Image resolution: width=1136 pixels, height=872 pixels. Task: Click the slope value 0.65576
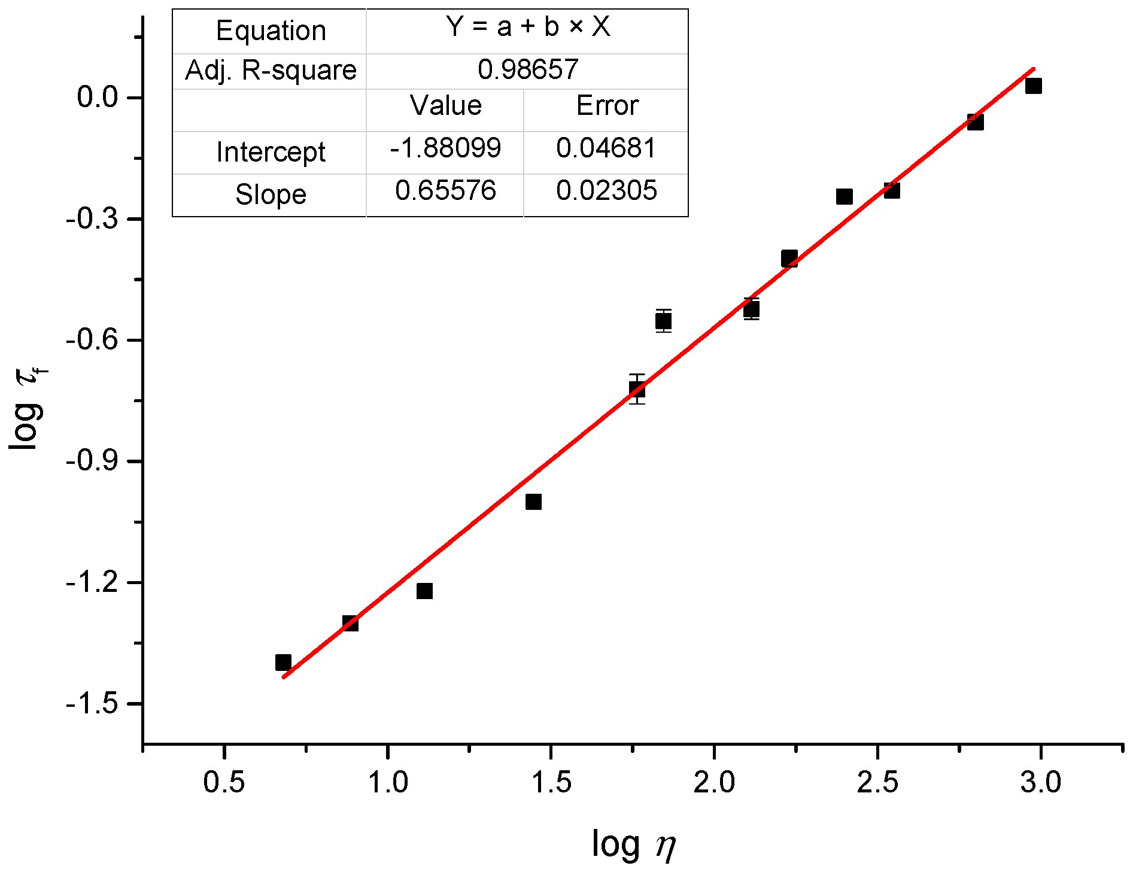coord(445,191)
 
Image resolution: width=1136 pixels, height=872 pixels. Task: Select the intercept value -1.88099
coord(445,148)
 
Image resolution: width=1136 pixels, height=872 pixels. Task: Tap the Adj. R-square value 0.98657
coord(528,69)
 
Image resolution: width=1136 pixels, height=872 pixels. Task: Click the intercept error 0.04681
coord(606,148)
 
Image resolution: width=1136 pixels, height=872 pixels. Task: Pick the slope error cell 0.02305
coord(606,191)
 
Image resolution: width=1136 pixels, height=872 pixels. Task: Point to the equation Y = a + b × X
coord(528,27)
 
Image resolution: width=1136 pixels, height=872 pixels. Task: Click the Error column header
coord(607,106)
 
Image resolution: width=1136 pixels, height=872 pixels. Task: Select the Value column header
coord(446,106)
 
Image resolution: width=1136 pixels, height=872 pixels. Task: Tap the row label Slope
coord(271,195)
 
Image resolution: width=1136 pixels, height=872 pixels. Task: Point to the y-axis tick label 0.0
coord(98,98)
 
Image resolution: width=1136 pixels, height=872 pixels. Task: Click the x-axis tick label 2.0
coord(714,782)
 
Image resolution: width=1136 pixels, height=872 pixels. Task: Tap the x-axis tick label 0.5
coord(224,782)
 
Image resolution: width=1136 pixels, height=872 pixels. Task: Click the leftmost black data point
coord(283,663)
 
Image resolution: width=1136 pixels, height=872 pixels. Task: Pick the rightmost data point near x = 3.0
coord(1033,86)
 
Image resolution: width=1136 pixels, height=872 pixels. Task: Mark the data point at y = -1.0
coord(533,502)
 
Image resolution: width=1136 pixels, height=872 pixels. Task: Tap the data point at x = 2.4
coord(844,196)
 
